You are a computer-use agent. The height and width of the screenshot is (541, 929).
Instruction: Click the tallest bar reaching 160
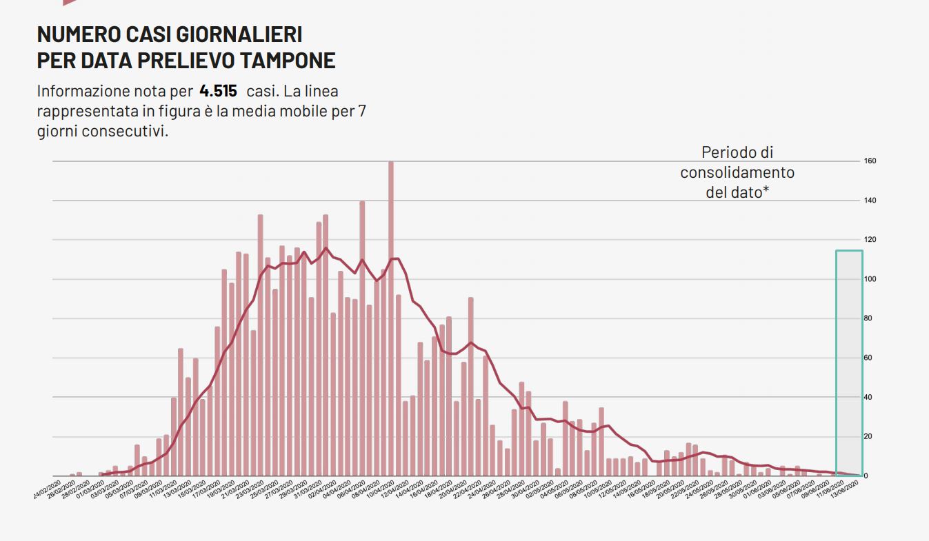click(x=391, y=317)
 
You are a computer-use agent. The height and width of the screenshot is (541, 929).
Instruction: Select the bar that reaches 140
click(x=362, y=338)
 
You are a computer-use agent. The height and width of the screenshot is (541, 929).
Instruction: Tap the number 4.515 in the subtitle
click(x=218, y=91)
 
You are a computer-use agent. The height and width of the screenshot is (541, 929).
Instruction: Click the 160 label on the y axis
click(x=870, y=161)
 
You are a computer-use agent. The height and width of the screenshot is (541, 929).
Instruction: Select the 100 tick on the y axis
click(x=870, y=279)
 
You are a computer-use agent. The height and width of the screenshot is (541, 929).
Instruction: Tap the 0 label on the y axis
click(x=866, y=476)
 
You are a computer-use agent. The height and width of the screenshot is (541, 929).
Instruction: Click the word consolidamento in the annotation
click(x=737, y=172)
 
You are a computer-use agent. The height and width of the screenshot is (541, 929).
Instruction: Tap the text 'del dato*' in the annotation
click(x=737, y=192)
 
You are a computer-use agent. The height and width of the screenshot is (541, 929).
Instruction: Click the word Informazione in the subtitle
click(x=83, y=91)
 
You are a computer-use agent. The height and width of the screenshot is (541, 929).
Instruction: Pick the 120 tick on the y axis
click(x=870, y=240)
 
